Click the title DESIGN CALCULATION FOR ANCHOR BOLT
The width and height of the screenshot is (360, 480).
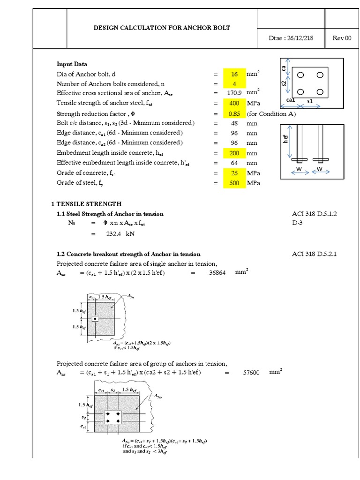pyautogui.click(x=162, y=28)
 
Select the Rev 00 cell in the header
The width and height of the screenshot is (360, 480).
pyautogui.click(x=342, y=38)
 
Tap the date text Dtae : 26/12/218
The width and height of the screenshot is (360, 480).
pyautogui.click(x=291, y=38)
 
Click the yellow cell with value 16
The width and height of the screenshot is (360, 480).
pyautogui.click(x=234, y=74)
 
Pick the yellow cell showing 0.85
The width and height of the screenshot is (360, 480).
pyautogui.click(x=234, y=114)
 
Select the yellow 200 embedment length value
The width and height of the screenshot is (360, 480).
pyautogui.click(x=234, y=153)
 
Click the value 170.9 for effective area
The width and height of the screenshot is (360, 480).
pyautogui.click(x=234, y=93)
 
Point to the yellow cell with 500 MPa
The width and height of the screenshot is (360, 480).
pyautogui.click(x=234, y=183)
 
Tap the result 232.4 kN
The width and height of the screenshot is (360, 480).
pyautogui.click(x=117, y=233)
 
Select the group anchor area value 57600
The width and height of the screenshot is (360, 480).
pyautogui.click(x=252, y=373)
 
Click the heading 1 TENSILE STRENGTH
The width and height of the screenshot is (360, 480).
pyautogui.click(x=86, y=204)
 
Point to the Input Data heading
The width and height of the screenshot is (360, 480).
pyautogui.click(x=72, y=64)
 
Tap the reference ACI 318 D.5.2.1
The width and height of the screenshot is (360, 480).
pyautogui.click(x=314, y=254)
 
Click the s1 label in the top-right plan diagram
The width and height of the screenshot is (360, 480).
pyautogui.click(x=310, y=101)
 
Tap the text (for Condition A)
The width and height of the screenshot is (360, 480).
pyautogui.click(x=271, y=114)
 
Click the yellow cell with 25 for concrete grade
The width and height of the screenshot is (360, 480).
pyautogui.click(x=234, y=173)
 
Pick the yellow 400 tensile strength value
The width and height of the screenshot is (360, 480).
pyautogui.click(x=234, y=103)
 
